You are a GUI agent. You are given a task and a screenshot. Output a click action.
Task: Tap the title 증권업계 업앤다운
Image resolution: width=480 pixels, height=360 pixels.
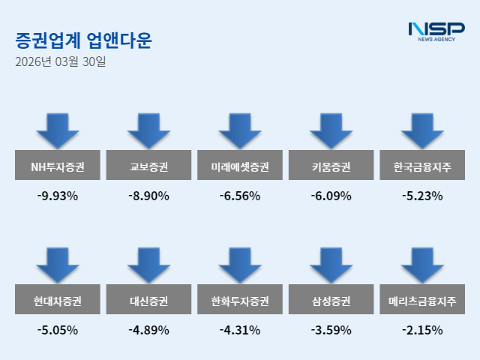(x=83, y=40)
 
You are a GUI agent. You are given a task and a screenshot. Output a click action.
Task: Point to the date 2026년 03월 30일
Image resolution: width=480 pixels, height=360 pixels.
(x=60, y=61)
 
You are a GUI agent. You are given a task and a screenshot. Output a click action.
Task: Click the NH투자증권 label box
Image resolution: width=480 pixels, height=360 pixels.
(x=57, y=166)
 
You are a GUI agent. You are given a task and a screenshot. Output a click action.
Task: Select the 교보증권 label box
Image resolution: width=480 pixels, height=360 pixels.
(x=148, y=166)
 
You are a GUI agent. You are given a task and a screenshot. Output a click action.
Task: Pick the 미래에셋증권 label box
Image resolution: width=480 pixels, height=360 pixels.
(x=240, y=166)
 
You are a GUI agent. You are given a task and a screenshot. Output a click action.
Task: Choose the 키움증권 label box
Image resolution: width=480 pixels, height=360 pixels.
(x=331, y=166)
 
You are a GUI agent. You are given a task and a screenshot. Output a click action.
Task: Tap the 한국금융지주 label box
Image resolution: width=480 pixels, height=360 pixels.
(x=422, y=166)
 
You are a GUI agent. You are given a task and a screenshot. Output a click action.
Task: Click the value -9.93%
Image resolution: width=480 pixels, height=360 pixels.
(x=57, y=196)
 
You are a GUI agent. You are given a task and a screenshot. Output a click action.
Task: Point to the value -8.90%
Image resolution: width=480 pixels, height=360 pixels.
(x=148, y=196)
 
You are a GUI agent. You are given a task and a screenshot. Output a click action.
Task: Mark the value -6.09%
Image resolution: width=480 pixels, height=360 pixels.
(x=331, y=196)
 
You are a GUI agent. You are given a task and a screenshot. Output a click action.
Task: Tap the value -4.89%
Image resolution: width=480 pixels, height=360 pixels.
(x=148, y=330)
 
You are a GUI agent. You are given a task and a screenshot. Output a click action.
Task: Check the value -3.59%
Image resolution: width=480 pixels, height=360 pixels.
(x=331, y=330)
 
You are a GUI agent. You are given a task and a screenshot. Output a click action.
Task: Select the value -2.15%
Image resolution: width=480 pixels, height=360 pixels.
(x=422, y=330)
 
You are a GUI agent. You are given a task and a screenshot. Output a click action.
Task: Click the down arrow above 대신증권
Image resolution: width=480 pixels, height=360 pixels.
(x=148, y=265)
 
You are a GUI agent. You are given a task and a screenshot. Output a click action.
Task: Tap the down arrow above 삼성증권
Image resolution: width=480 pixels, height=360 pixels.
(x=331, y=265)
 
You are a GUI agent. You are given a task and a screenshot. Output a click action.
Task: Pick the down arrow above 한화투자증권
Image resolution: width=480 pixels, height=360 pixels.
(x=240, y=265)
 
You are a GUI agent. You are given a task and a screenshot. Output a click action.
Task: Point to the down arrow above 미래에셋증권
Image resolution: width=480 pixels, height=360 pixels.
(x=240, y=131)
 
